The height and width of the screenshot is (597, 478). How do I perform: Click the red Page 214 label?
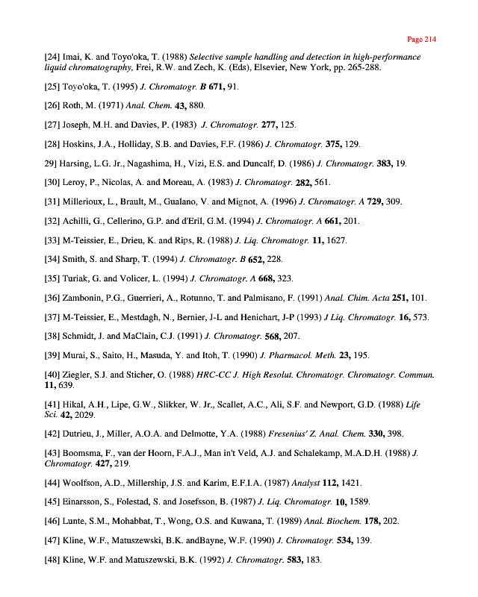421,39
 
